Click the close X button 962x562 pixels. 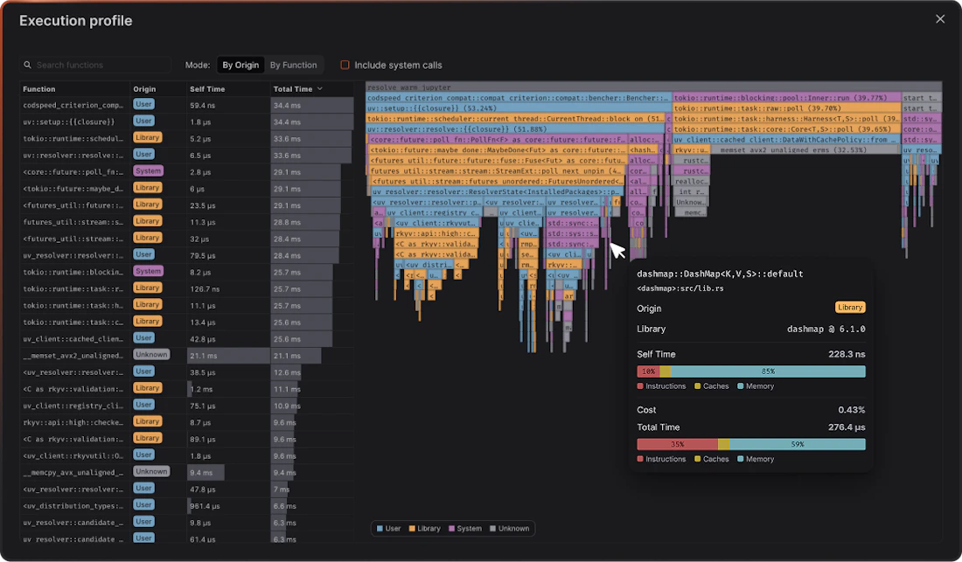coord(940,19)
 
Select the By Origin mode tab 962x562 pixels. coord(240,65)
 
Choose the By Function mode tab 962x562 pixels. coord(293,65)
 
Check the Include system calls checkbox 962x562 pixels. coord(345,65)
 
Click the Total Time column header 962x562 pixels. coord(293,89)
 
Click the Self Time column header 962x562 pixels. coord(207,89)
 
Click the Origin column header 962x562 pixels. coord(144,89)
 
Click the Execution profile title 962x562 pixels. coord(76,20)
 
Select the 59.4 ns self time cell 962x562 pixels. coord(204,105)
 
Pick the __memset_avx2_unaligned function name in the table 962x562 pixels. coord(73,355)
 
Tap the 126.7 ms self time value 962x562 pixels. coord(206,288)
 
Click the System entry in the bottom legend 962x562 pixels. coord(466,528)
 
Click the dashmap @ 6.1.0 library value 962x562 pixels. coord(826,330)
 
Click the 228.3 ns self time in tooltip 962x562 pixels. coord(847,355)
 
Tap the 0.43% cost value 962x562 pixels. coord(851,410)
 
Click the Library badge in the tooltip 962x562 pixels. coord(850,308)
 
